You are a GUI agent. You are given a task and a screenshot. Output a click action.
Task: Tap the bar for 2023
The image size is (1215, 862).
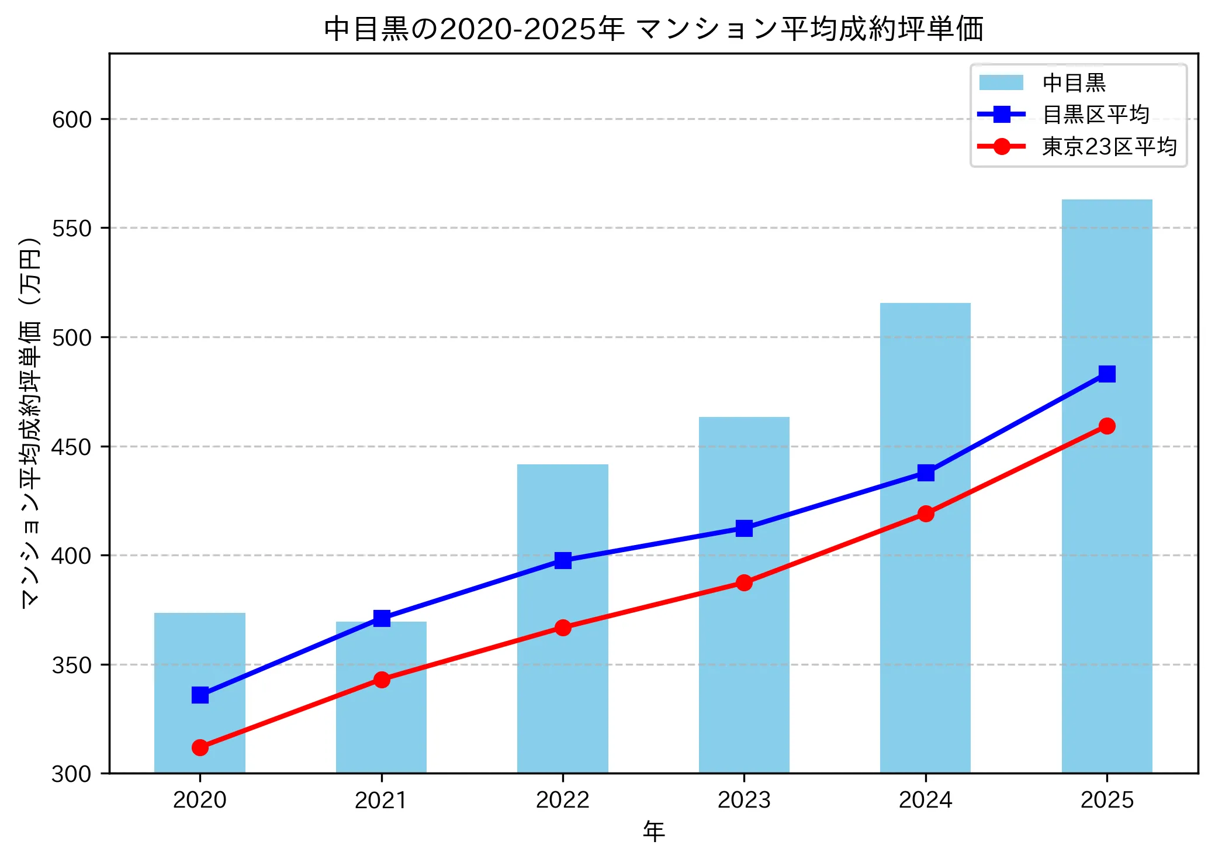(743, 643)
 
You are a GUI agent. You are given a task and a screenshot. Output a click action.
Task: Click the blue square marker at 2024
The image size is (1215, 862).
(925, 473)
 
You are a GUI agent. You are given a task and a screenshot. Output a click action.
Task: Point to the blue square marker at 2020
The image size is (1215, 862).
(200, 695)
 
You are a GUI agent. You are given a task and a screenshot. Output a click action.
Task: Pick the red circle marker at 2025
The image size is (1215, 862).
(1106, 426)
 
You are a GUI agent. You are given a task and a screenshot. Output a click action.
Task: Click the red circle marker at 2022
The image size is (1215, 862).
(562, 627)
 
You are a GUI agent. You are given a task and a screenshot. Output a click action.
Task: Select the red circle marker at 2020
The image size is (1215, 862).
(200, 747)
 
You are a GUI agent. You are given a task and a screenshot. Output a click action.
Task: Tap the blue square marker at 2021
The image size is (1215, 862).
(382, 618)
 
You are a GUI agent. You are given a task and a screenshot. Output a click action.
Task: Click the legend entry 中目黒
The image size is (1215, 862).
(1074, 83)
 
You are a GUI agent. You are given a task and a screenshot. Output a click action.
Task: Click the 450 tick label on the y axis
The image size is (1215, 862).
(72, 447)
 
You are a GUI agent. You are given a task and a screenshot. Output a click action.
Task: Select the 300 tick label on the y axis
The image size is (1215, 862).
(72, 774)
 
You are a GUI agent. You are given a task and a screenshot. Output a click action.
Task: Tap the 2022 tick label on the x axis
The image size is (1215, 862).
(562, 800)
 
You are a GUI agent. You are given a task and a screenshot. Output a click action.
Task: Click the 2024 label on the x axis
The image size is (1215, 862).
(925, 800)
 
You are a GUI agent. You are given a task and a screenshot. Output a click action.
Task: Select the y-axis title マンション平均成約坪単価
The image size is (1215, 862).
(30, 421)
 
